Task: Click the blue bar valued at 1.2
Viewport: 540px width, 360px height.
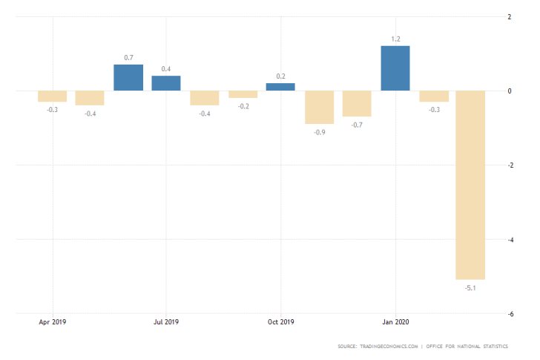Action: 395,68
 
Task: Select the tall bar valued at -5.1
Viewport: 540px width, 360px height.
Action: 471,185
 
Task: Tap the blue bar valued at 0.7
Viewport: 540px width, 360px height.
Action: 128,78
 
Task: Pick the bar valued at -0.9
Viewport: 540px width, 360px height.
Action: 319,107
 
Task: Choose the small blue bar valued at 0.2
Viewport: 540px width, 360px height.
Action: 280,87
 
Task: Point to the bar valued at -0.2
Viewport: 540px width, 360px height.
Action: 243,94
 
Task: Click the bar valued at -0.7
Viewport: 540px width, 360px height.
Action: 357,103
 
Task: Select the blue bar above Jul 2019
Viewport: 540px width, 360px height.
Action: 166,83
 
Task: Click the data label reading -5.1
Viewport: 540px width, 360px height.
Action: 471,287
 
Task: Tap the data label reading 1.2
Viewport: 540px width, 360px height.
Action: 395,38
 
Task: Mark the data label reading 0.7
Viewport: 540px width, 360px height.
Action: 128,56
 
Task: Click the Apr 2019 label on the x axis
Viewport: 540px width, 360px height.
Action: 52,322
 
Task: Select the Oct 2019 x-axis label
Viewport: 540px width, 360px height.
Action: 280,322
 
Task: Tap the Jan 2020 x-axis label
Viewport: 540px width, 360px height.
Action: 395,322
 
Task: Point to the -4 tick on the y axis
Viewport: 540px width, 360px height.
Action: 509,240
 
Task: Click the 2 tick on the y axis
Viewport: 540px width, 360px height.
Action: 510,16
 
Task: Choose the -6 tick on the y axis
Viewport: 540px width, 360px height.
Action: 509,314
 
